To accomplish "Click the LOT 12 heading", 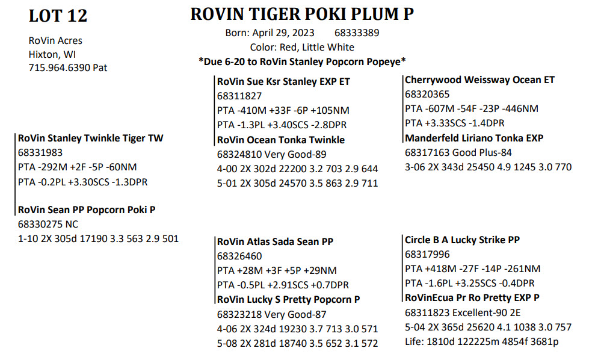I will pos(58,16).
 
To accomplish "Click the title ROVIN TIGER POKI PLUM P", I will pos(302,14).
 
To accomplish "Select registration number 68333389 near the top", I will pos(357,33).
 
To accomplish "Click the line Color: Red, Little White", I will pos(302,47).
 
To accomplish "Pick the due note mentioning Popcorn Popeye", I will pos(302,61).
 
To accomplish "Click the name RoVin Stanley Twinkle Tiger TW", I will pos(90,138).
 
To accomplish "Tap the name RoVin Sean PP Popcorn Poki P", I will pos(87,210).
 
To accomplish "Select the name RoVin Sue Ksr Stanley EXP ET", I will pos(283,81).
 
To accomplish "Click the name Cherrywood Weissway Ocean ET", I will pos(479,80).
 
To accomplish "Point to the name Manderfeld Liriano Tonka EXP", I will pos(474,138).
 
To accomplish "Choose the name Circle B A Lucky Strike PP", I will pos(462,240).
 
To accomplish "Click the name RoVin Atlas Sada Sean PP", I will pos(275,242).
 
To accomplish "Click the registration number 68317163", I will pos(427,153).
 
